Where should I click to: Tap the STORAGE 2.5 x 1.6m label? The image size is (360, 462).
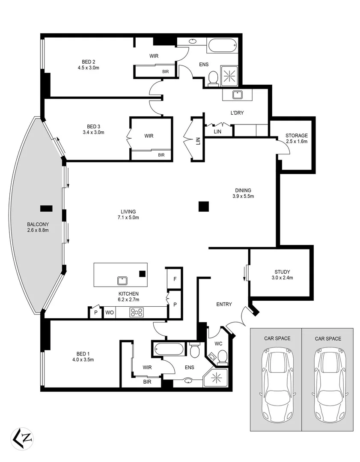coord(297,138)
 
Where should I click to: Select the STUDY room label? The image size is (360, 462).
coord(282,274)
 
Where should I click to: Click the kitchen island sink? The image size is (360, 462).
coord(122,280)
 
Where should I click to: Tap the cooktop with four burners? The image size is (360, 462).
coord(137,313)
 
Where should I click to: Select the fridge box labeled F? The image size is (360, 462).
coord(175,278)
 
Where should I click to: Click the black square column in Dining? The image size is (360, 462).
coord(204,207)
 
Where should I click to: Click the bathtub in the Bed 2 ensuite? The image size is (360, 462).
coord(221,45)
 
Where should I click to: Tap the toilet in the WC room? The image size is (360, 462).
coord(222,356)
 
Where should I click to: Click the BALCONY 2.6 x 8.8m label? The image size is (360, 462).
coord(38,227)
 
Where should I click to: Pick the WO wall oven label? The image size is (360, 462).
coord(110,313)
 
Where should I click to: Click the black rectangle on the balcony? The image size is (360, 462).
coord(46,208)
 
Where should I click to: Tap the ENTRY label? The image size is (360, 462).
coord(224,304)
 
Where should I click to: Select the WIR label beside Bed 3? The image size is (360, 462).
coord(149,136)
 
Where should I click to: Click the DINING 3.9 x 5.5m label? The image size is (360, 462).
coord(243,193)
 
